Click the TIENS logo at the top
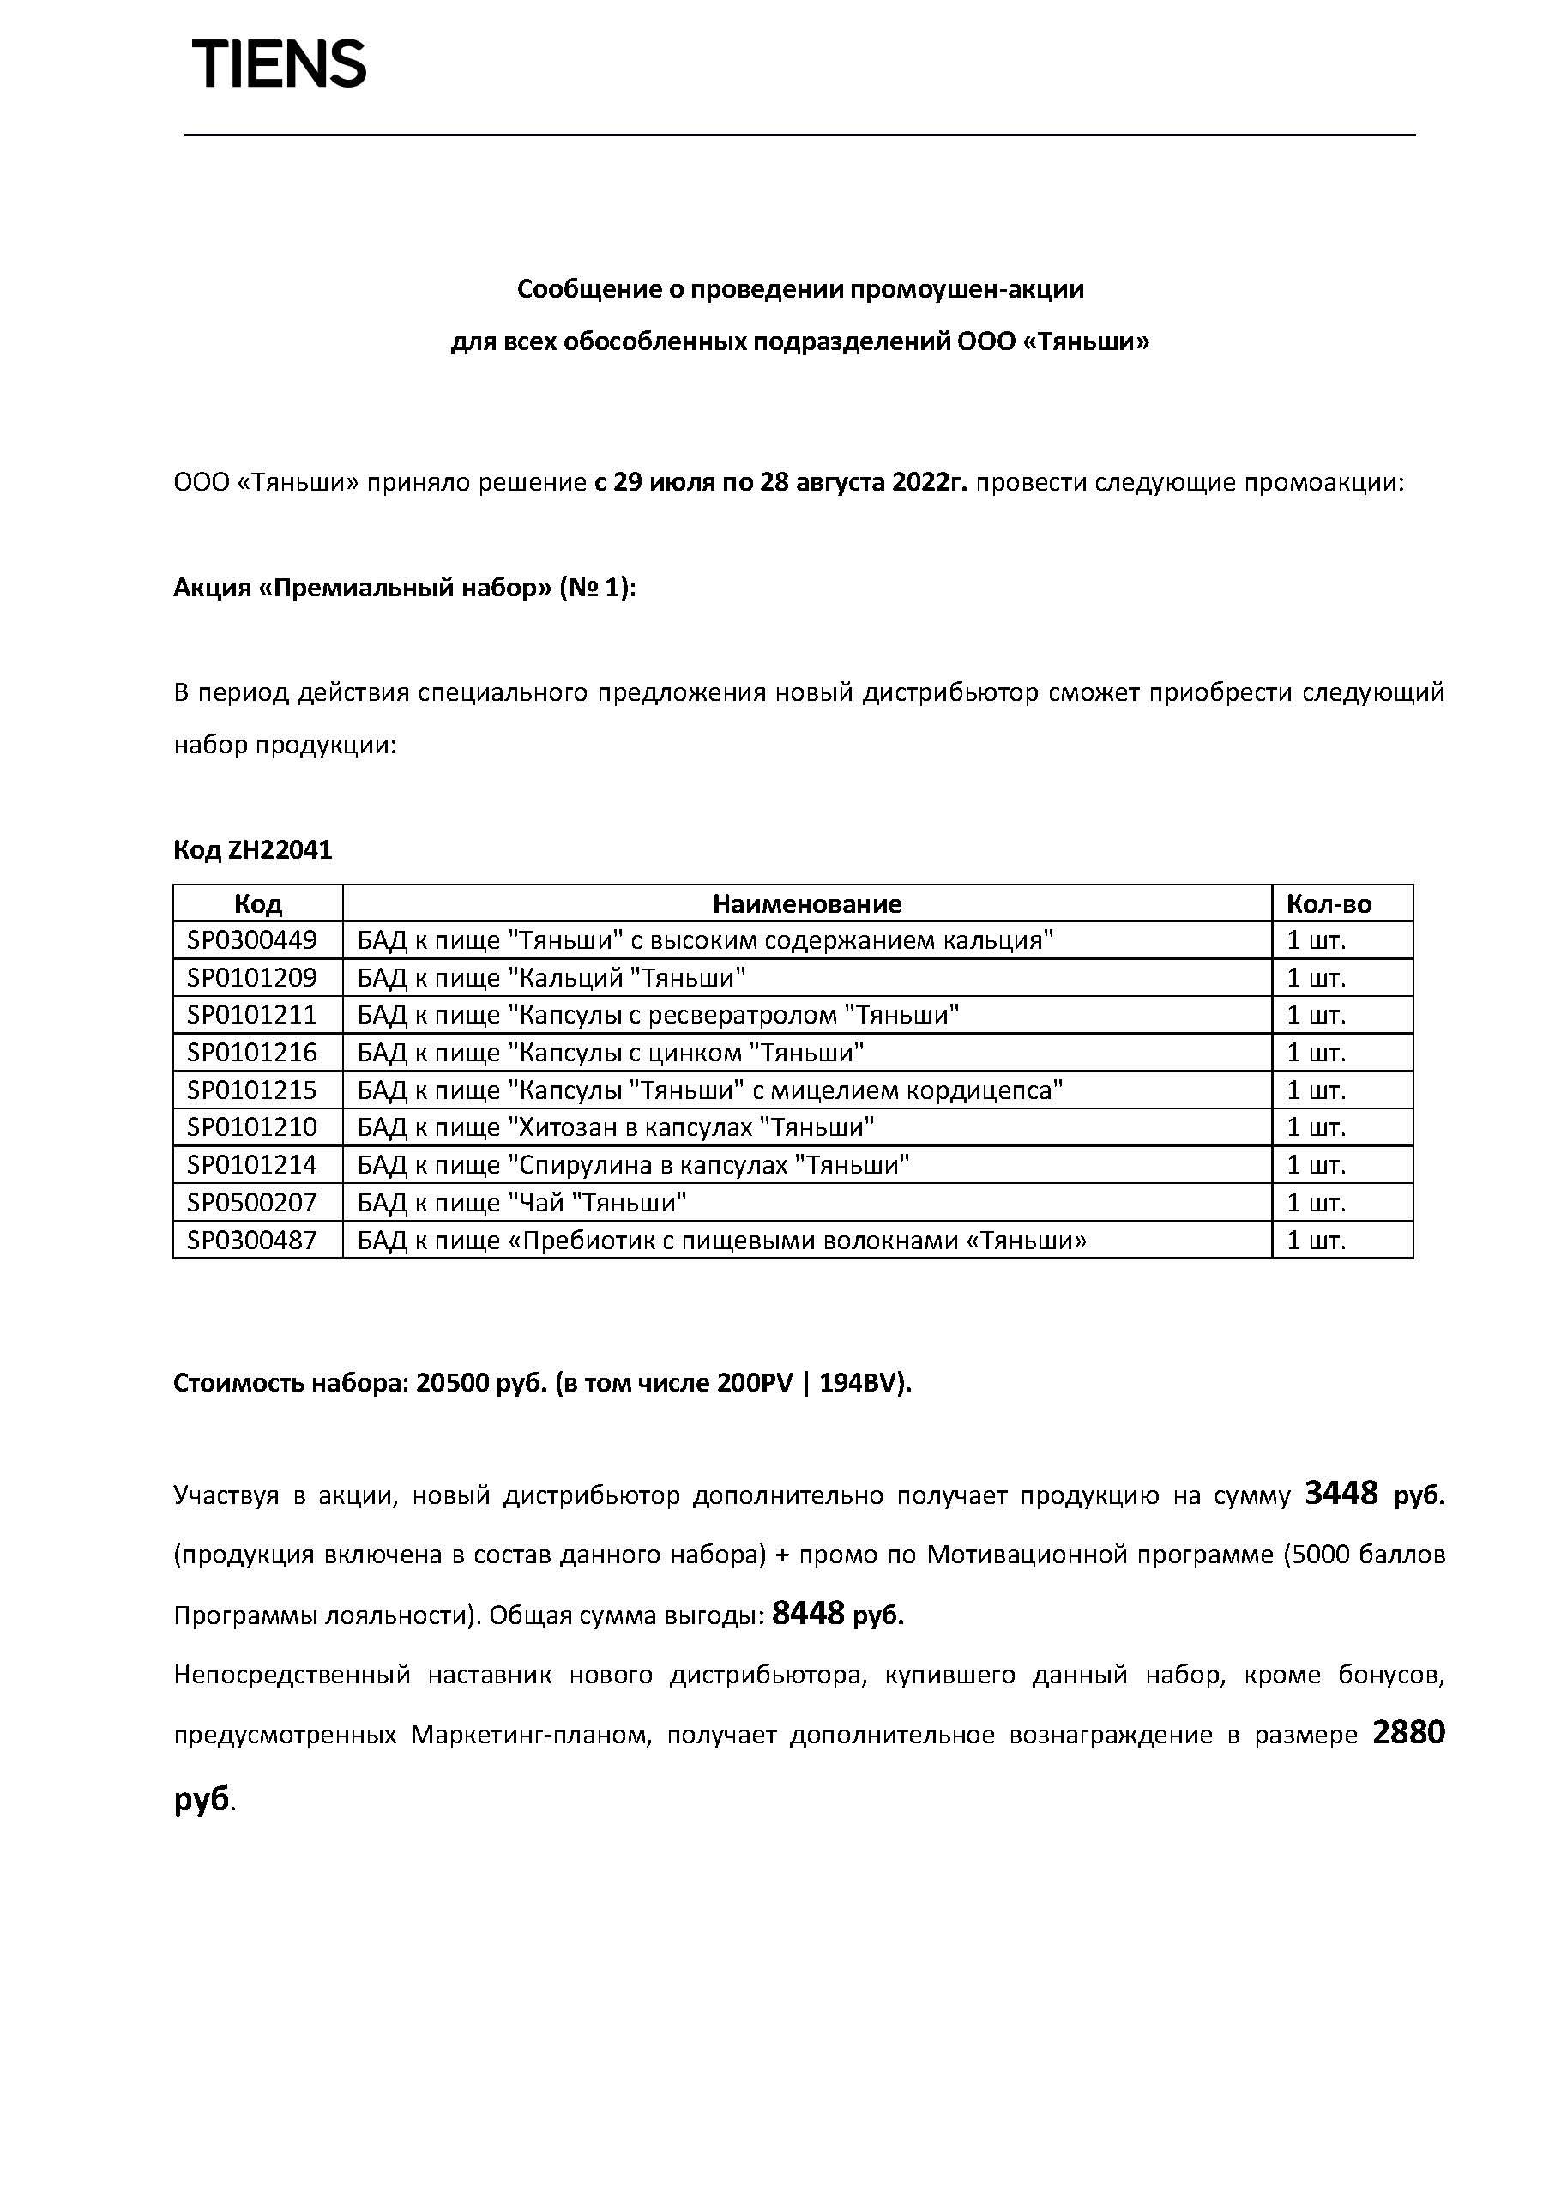[x=279, y=64]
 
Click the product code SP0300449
[x=252, y=939]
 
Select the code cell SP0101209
[x=252, y=977]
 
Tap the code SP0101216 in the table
[x=252, y=1052]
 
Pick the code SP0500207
[x=252, y=1202]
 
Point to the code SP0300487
[x=252, y=1240]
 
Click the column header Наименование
[x=806, y=903]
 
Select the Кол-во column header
[x=1329, y=903]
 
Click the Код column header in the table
[x=257, y=903]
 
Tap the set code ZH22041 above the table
[x=280, y=850]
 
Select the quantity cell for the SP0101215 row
[x=1316, y=1090]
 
